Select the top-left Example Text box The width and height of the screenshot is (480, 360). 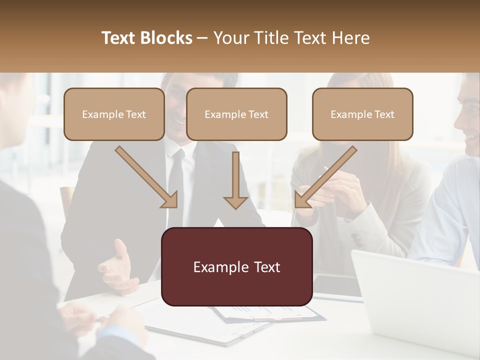(x=114, y=114)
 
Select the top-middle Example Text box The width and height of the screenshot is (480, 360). (x=236, y=114)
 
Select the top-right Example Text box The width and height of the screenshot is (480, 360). (x=362, y=114)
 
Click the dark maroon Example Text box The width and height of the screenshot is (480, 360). (x=236, y=267)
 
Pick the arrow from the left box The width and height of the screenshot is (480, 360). (x=146, y=177)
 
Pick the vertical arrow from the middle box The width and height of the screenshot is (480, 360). (x=235, y=180)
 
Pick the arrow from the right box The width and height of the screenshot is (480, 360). (x=325, y=177)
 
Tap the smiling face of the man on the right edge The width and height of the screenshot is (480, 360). (x=470, y=120)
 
